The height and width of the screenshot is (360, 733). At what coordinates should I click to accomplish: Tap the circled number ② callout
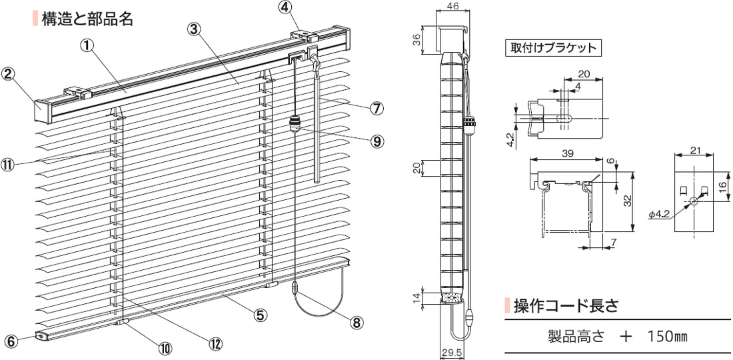click(9, 74)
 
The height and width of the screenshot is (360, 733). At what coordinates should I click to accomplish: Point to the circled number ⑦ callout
click(376, 109)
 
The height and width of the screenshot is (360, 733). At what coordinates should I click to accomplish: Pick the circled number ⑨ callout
click(376, 141)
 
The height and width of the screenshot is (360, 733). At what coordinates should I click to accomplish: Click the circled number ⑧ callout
click(357, 321)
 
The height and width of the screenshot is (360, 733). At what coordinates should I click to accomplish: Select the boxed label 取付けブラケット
click(553, 49)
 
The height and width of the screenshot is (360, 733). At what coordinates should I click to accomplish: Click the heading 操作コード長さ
click(566, 305)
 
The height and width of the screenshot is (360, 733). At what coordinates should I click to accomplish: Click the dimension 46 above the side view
click(452, 5)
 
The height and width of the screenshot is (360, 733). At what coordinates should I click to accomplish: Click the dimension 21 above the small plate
click(694, 149)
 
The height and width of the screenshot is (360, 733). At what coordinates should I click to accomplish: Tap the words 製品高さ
click(576, 336)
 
